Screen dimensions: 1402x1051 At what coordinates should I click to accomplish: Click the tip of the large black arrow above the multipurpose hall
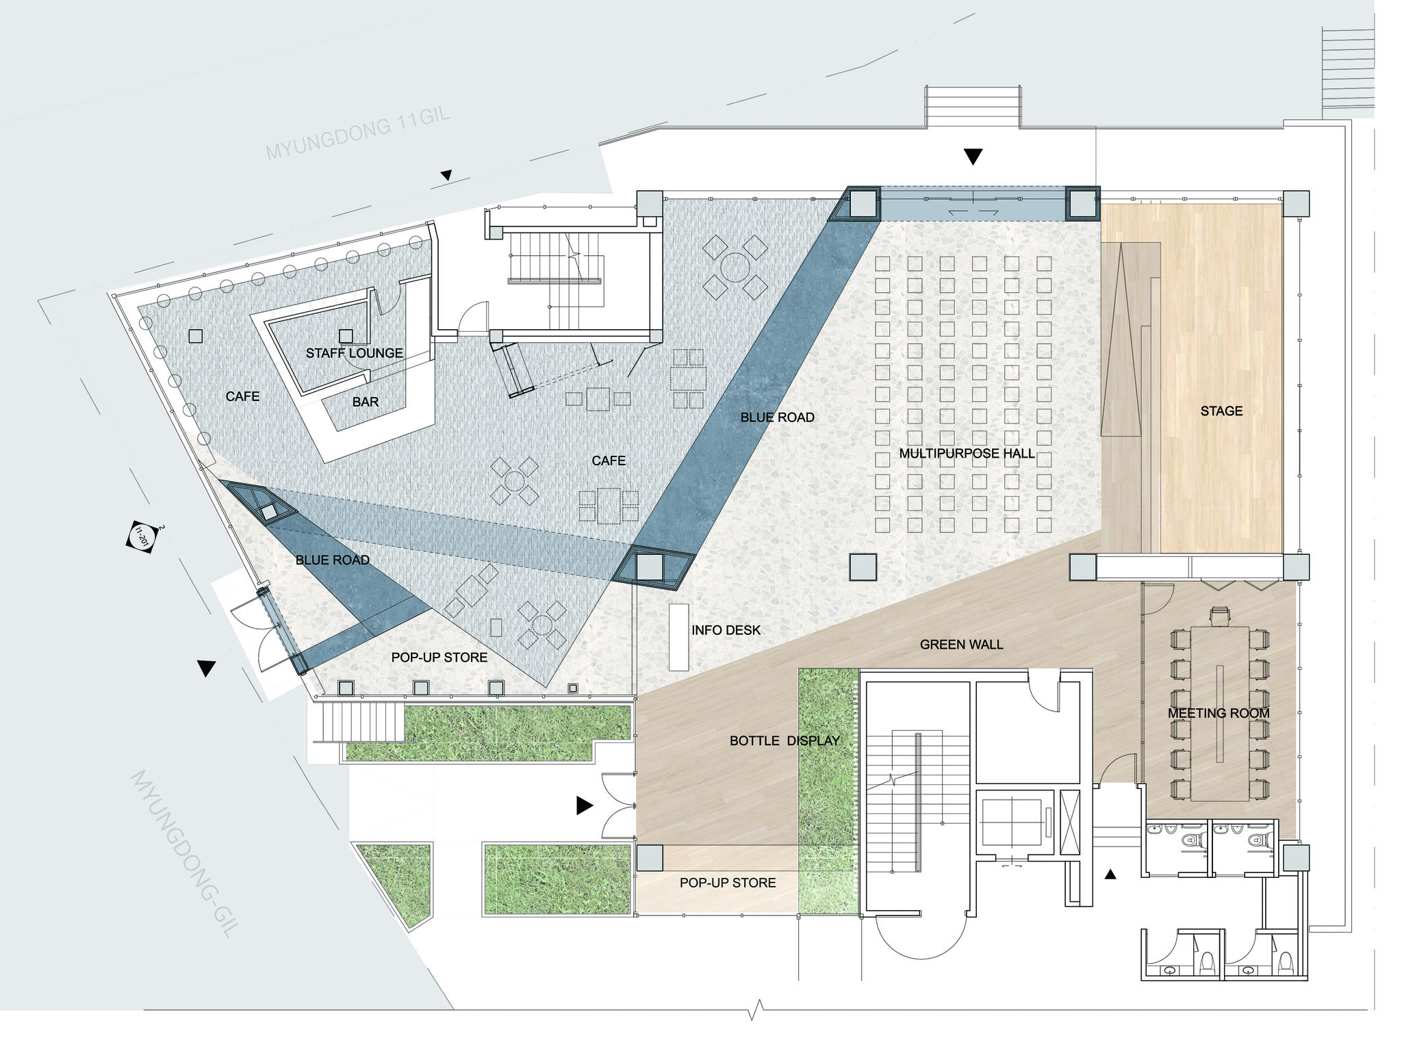[x=973, y=165]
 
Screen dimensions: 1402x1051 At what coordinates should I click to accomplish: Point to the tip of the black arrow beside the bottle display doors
[x=594, y=805]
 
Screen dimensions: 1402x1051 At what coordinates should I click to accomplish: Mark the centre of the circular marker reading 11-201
[x=142, y=536]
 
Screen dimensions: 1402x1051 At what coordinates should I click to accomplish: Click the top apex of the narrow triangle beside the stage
[x=1121, y=247]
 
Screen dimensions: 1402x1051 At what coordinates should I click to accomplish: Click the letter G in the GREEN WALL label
[x=926, y=645]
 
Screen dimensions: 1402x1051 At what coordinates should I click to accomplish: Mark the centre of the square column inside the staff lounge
[x=346, y=336]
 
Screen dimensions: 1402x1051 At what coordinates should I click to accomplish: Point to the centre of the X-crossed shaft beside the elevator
[x=1069, y=822]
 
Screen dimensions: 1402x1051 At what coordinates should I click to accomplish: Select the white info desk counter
[x=678, y=637]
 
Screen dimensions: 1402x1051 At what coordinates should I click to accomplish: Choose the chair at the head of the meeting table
[x=1220, y=617]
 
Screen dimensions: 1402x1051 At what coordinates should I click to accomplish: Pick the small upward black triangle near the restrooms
[x=1110, y=874]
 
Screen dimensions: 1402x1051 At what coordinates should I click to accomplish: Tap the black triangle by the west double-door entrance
[x=206, y=668]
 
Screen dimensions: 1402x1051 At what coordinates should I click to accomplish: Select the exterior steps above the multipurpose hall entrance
[x=972, y=106]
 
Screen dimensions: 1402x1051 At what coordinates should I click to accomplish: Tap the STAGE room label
[x=1221, y=411]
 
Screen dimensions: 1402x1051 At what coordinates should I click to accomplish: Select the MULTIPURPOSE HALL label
[x=967, y=454]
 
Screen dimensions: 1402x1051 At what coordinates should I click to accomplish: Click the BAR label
[x=366, y=402]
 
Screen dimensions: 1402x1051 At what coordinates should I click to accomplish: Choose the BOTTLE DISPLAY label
[x=785, y=741]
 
